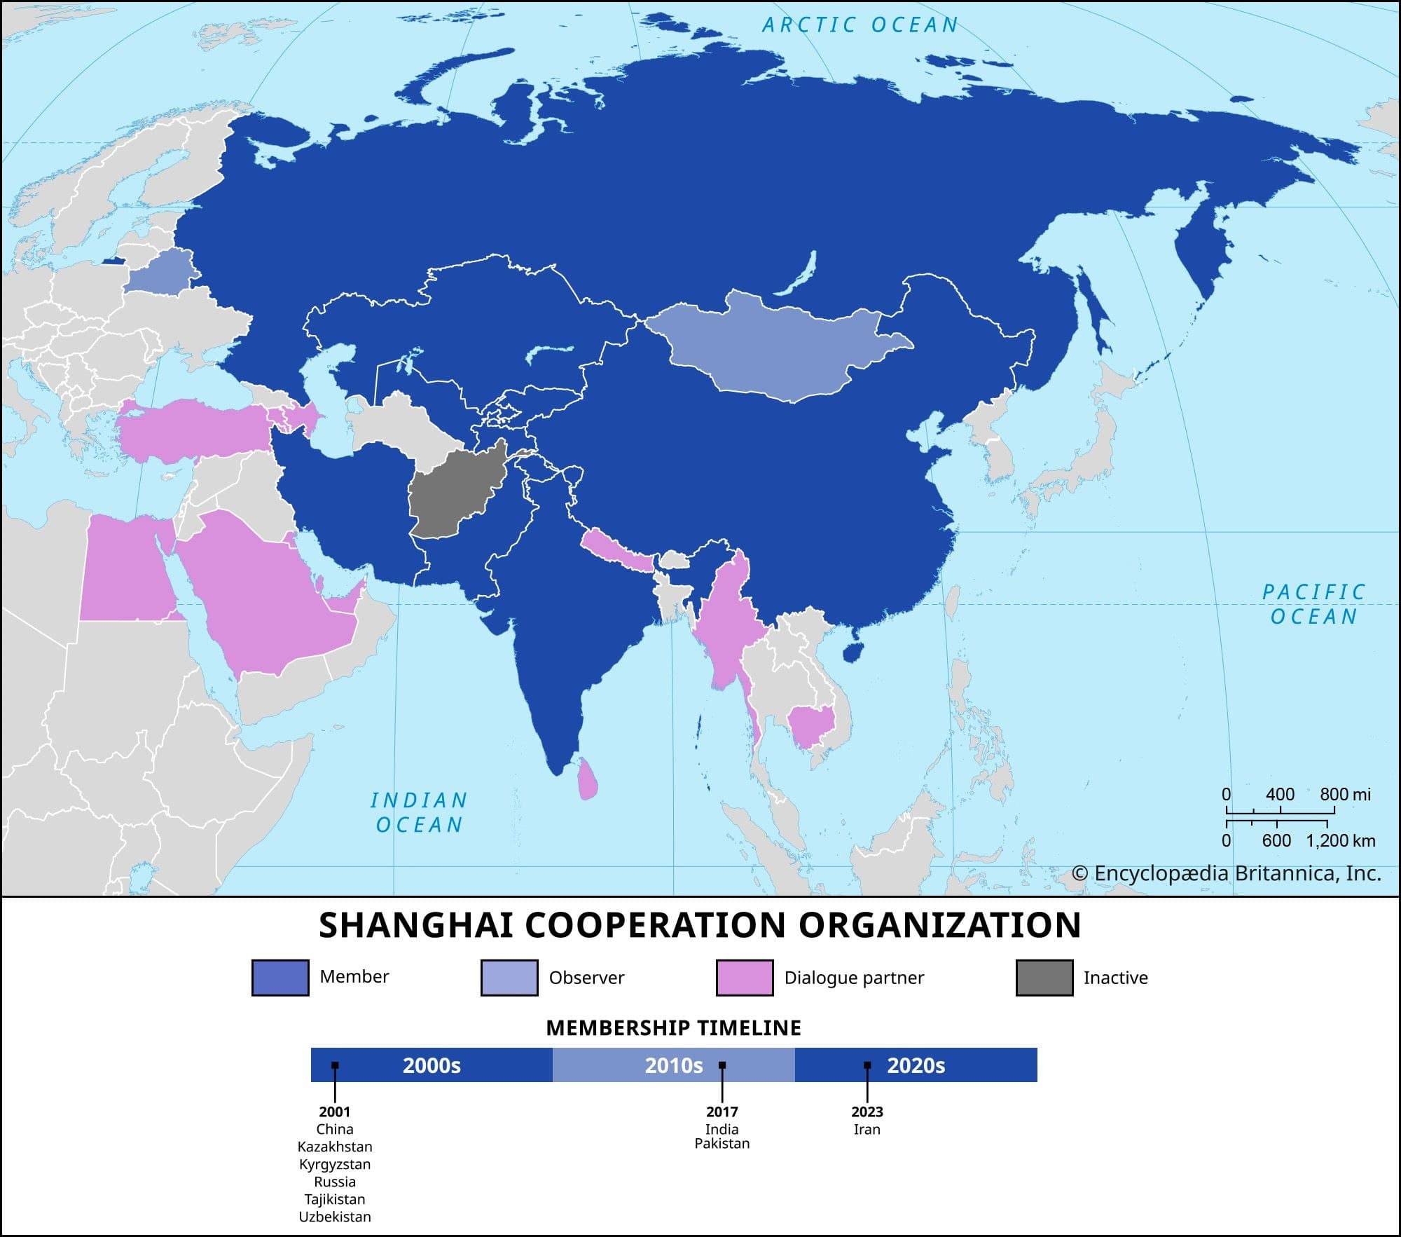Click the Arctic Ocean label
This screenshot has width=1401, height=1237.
860,25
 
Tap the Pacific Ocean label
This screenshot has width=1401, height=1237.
1313,604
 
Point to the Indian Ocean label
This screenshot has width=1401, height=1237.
419,812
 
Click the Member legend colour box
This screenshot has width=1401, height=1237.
280,978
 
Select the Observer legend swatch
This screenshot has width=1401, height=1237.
509,978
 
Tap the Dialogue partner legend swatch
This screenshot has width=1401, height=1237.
745,978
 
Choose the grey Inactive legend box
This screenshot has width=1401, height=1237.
1044,978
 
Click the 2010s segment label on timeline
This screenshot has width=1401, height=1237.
673,1066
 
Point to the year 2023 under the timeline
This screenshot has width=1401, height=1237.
867,1112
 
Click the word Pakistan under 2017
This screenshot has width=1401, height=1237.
722,1144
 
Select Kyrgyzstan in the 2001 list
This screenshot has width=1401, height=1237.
335,1164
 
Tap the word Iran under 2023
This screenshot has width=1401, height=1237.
867,1130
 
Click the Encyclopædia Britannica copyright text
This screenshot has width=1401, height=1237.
1226,873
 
